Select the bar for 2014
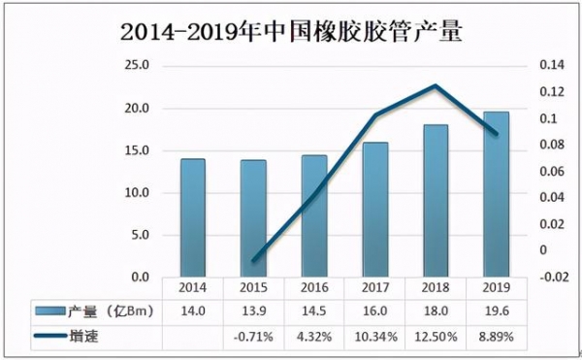pos(193,217)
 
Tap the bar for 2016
pos(314,215)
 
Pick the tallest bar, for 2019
pos(496,194)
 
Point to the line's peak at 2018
pos(436,85)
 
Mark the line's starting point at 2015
pos(253,261)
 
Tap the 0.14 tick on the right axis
pos(537,66)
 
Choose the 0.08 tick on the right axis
pos(537,146)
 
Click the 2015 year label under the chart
pos(253,288)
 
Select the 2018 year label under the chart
pos(435,288)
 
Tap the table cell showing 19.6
pos(496,310)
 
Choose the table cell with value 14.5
pos(314,310)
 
